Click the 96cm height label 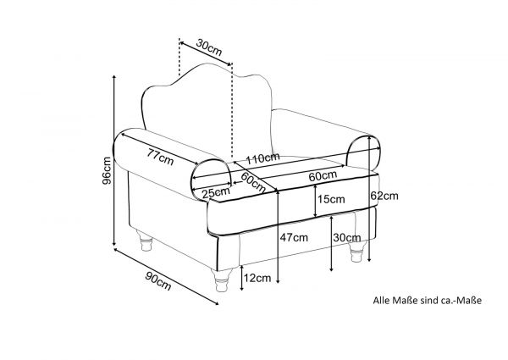(x=107, y=170)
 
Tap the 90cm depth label (x=158, y=281)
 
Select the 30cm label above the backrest (x=209, y=47)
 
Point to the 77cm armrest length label (x=160, y=157)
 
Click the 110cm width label (x=262, y=158)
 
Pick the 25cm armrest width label (x=216, y=193)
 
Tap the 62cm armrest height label (x=384, y=196)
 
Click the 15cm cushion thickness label (x=331, y=199)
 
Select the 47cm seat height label (x=294, y=237)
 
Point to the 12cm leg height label (x=257, y=278)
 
